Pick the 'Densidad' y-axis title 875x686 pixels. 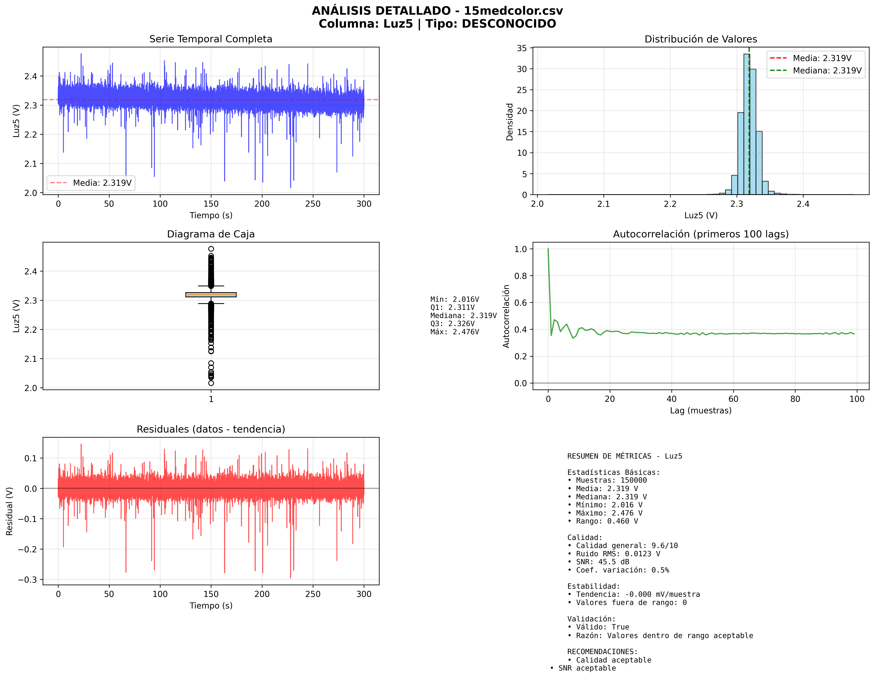tap(509, 122)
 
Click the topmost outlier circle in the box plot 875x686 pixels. tap(211, 249)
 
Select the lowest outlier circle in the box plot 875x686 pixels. tap(211, 383)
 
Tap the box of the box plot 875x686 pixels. tap(211, 295)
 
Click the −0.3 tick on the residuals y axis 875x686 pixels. tap(27, 580)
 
